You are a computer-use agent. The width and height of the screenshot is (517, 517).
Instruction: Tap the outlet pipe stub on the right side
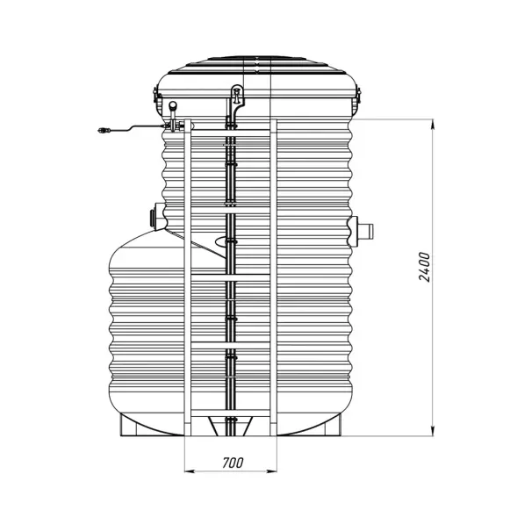tap(365, 230)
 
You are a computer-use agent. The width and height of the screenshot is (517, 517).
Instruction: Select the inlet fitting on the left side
tap(156, 214)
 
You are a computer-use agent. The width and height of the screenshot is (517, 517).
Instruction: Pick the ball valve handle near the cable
tap(173, 108)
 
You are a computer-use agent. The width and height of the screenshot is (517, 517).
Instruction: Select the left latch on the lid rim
tap(157, 97)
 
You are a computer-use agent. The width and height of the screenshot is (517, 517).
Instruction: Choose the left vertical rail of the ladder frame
tap(187, 281)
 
